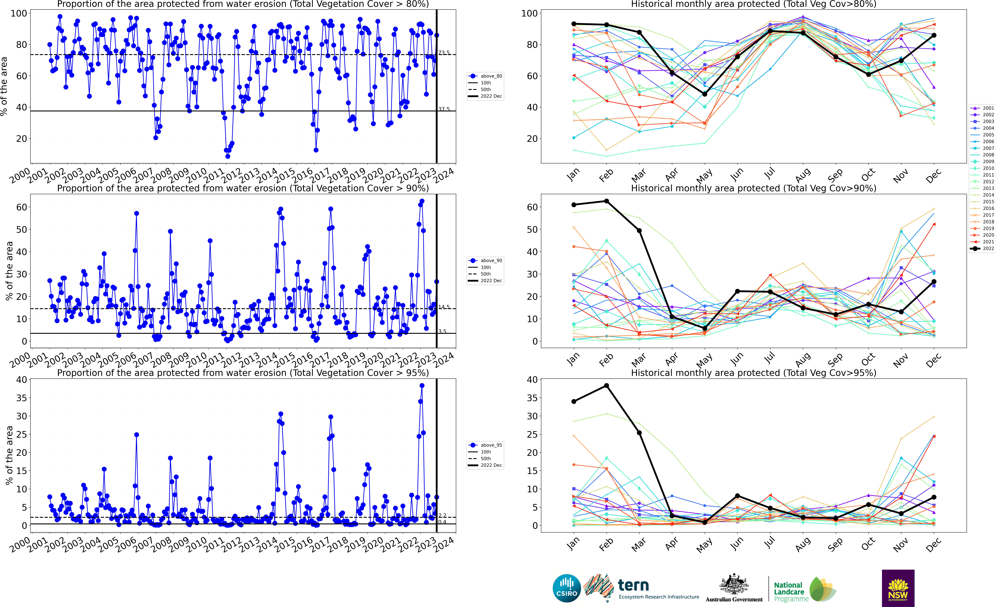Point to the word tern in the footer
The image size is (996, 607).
(633, 585)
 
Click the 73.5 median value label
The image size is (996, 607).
(444, 53)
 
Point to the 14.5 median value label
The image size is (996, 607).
(444, 307)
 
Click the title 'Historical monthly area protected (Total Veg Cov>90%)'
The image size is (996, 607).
(754, 188)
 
